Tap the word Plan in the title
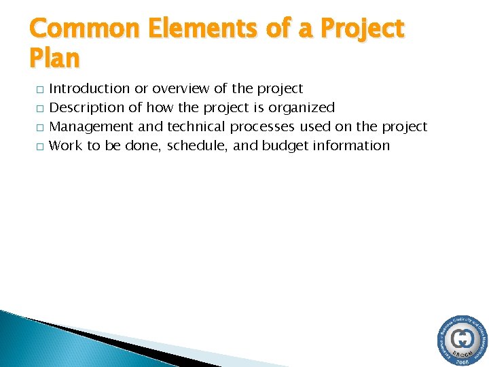54,58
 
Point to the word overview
181,88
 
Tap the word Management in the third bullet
92,126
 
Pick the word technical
196,126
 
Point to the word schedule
198,145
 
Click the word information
351,145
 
